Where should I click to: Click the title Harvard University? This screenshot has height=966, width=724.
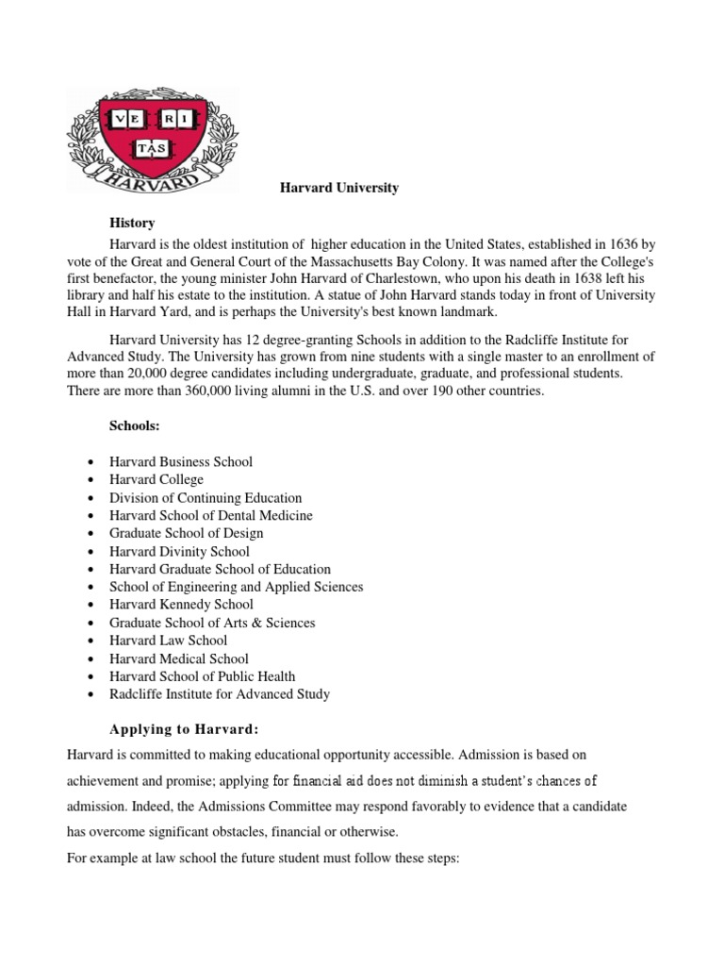point(339,188)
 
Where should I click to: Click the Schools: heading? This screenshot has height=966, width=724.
point(135,426)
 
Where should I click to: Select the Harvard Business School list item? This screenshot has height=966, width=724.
point(181,462)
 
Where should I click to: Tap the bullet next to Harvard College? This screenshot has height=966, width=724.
point(89,480)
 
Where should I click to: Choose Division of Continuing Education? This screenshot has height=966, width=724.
point(206,498)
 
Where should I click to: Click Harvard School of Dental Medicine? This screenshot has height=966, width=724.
point(211,516)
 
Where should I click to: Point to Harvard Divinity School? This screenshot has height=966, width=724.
point(179,552)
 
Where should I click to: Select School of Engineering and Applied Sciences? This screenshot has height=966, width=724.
point(236,587)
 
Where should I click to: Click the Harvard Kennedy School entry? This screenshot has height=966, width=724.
point(181,605)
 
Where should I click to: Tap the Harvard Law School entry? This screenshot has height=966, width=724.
point(168,641)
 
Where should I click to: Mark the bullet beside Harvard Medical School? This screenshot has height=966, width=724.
point(89,658)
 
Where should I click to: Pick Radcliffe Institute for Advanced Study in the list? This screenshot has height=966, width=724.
point(220,694)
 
